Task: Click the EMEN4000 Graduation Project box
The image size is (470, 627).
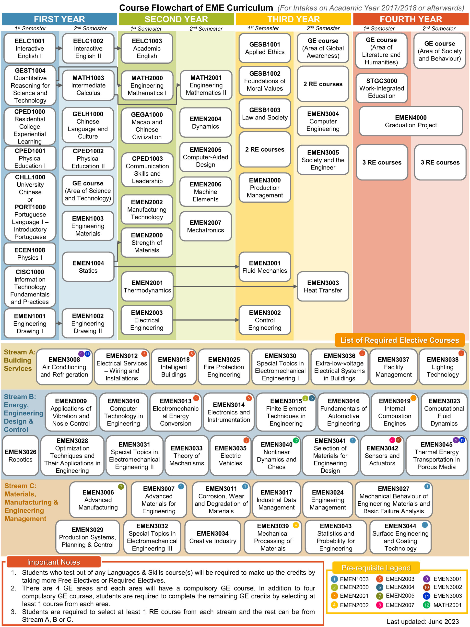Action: pos(411,121)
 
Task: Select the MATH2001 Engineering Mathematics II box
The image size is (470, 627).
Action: pos(206,85)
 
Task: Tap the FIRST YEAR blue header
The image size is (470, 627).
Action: pos(59,19)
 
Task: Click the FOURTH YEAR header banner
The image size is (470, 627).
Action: pos(411,19)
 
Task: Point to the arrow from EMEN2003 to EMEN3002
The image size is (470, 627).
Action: pos(205,320)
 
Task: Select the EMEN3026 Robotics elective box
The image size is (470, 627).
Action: pos(20,456)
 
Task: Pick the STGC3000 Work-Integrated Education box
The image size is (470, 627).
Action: pos(381,88)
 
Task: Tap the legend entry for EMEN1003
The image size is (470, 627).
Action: pos(350,579)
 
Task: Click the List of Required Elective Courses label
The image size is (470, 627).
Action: pos(399,340)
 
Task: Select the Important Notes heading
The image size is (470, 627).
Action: pos(54,562)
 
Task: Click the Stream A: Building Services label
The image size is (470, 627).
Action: pos(18,360)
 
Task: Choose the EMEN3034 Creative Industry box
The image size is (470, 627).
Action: pos(212,537)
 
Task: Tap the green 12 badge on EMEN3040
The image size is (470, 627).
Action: pos(295,440)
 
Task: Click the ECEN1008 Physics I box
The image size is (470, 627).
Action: pos(30,254)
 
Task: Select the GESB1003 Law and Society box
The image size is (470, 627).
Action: pos(265,114)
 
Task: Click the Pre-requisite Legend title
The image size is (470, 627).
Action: pos(376,568)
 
